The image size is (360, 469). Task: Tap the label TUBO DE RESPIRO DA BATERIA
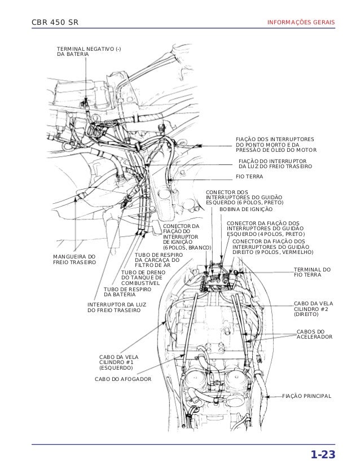[128, 292]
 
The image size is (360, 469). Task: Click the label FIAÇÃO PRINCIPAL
[306, 397]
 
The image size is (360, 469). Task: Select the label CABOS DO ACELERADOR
[314, 334]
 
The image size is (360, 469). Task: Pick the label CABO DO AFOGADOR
[123, 379]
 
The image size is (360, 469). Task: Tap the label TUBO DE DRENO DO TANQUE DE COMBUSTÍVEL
[142, 277]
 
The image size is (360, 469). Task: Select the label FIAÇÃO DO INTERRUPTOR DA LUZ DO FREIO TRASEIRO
[275, 164]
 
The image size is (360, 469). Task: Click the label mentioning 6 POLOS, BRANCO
[186, 237]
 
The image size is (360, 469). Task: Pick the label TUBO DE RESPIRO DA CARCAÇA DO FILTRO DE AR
[156, 260]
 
